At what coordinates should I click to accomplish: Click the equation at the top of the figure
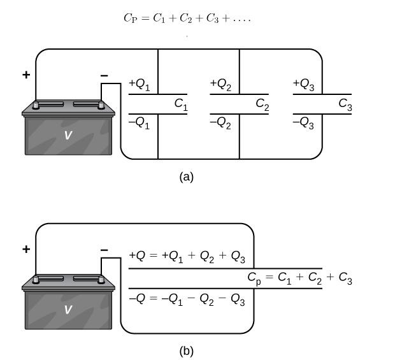click(187, 18)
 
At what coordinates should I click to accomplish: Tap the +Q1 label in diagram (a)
click(140, 84)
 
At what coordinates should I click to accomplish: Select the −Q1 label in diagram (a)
click(140, 124)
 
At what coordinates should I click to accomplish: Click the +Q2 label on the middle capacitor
click(220, 84)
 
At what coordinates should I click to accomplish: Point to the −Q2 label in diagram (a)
click(220, 124)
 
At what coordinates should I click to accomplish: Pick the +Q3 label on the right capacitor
click(303, 84)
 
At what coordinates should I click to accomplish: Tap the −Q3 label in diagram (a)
click(303, 124)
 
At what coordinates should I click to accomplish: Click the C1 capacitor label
click(181, 104)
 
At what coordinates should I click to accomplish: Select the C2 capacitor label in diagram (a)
click(262, 104)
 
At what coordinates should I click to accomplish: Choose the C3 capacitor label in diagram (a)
click(345, 104)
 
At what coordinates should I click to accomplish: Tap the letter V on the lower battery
click(68, 310)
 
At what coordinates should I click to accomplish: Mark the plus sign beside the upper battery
click(26, 75)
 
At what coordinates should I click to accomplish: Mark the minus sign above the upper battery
click(104, 76)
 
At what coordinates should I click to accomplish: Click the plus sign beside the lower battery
click(26, 249)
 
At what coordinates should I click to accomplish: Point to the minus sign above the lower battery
click(104, 250)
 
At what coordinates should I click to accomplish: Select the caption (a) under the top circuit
click(187, 176)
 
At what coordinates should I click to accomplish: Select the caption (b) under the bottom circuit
click(187, 350)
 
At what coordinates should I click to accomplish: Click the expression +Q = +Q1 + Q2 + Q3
click(187, 257)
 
